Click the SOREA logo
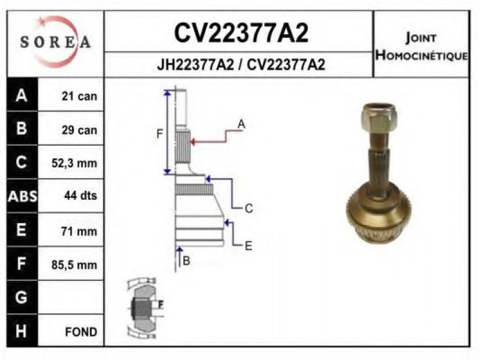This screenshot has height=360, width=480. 55,41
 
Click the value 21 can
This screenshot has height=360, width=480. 79,96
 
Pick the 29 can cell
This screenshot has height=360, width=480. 79,130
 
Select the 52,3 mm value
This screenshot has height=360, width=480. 74,163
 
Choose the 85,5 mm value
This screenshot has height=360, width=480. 74,264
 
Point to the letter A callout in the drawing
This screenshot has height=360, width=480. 241,124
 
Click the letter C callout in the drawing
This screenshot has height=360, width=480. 249,208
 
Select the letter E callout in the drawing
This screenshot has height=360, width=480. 248,245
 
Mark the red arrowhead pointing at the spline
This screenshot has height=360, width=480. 193,142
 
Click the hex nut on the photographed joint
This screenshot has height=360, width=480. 379,119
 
